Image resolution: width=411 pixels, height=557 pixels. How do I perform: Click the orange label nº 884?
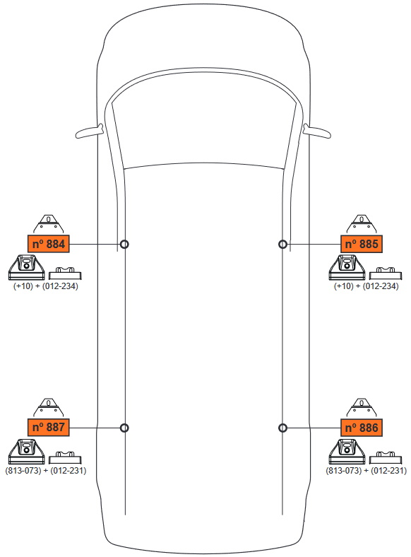click(x=48, y=244)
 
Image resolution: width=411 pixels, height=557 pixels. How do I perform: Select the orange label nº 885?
click(x=362, y=244)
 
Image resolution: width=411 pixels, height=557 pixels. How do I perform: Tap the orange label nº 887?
click(x=48, y=427)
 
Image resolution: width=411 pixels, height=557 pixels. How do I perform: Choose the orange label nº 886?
click(x=362, y=427)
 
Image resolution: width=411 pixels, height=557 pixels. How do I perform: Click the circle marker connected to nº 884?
click(x=124, y=245)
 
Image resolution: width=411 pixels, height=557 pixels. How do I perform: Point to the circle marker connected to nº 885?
click(x=283, y=245)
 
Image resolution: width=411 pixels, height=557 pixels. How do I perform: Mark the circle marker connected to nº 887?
click(x=124, y=428)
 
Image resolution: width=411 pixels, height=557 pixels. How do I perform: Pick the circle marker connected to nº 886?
click(x=283, y=428)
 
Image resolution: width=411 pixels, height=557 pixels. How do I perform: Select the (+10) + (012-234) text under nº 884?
click(x=46, y=286)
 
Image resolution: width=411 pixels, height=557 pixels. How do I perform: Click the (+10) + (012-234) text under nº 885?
click(x=367, y=286)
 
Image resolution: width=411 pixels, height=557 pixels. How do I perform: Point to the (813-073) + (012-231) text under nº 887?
click(x=46, y=470)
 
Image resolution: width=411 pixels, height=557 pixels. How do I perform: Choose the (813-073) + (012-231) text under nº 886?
click(x=367, y=470)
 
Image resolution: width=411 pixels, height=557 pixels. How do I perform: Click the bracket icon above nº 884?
click(x=48, y=224)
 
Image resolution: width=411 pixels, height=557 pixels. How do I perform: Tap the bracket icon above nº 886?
click(x=362, y=407)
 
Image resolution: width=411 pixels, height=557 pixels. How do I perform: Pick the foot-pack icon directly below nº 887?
click(x=27, y=452)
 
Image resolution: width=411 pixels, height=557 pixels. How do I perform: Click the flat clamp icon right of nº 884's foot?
click(x=65, y=273)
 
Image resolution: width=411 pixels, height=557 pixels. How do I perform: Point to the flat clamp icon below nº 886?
click(x=386, y=457)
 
